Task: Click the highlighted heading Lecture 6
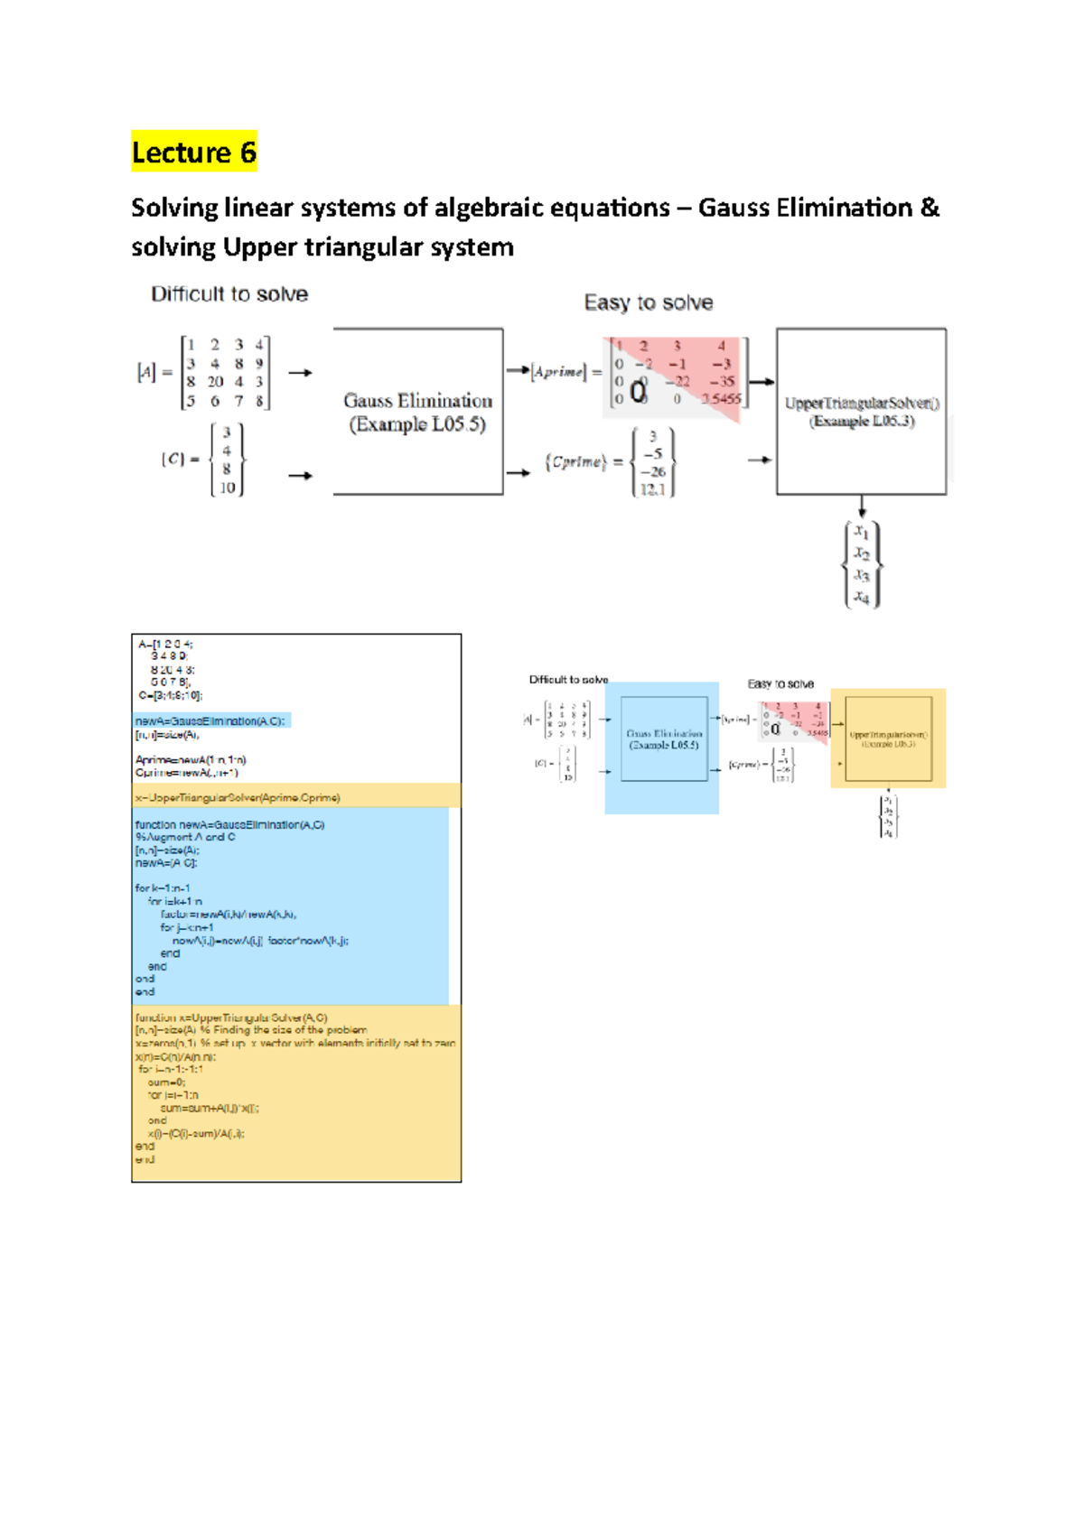pos(193,152)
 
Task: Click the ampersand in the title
pos(930,208)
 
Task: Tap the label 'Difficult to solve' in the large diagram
pos(229,294)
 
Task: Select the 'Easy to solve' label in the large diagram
pos(648,302)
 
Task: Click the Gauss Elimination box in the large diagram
pos(417,412)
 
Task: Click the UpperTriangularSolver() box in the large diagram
pos(861,412)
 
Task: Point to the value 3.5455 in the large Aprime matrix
pos(721,398)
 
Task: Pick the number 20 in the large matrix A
pos(215,382)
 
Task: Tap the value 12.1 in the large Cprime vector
pos(652,489)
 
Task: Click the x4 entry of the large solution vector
pos(862,597)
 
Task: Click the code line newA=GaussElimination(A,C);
pos(210,721)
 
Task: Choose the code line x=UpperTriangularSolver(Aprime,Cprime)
pos(238,798)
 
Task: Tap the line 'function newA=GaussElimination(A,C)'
pos(229,824)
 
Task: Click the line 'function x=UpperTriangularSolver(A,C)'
pos(231,1017)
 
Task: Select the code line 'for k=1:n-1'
pos(163,888)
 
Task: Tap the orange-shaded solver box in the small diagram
pos(888,739)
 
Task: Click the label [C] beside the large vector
pos(173,460)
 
